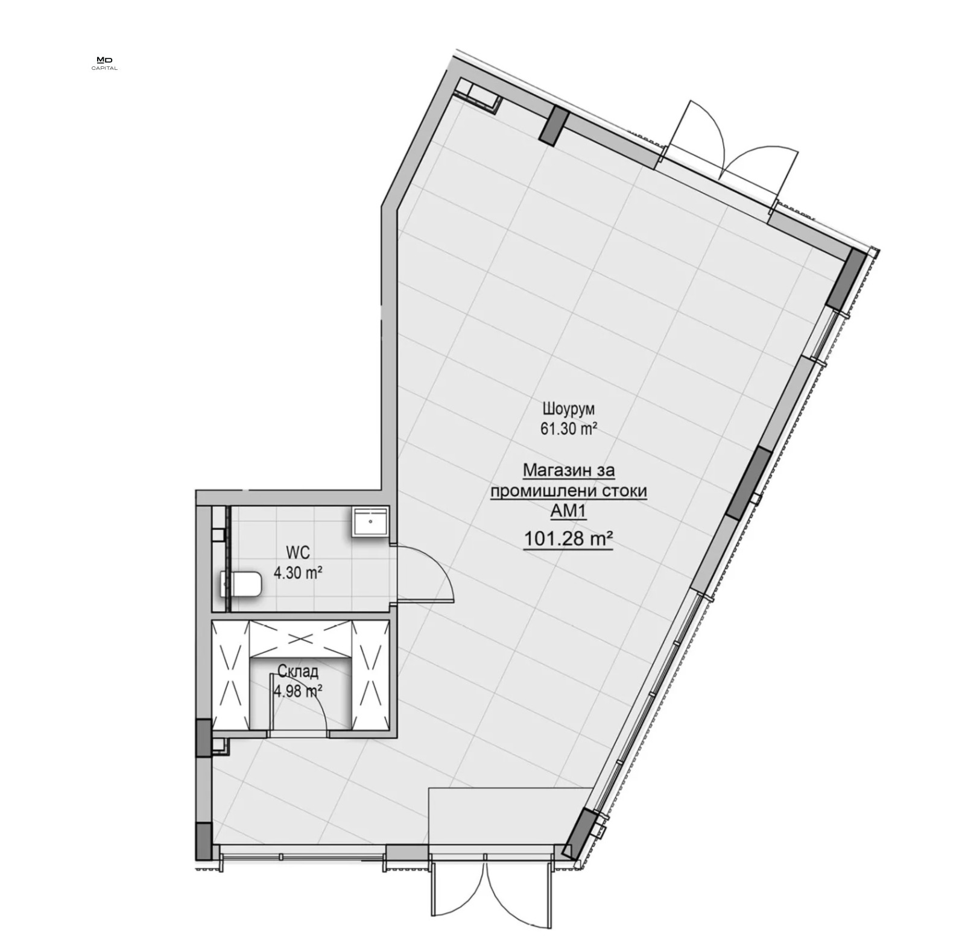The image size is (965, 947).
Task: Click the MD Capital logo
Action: [x=104, y=63]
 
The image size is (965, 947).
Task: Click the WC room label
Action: [x=297, y=551]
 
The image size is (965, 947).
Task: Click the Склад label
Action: [x=298, y=671]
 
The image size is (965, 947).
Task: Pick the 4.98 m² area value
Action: [x=297, y=691]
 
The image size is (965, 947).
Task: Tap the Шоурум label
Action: [x=569, y=409]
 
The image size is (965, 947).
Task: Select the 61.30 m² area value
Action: [x=569, y=429]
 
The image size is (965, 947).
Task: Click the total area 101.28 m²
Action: [x=569, y=538]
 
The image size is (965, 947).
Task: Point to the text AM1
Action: [x=569, y=511]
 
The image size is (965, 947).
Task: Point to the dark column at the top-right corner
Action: [x=846, y=278]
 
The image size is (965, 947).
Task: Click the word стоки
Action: [x=625, y=491]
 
